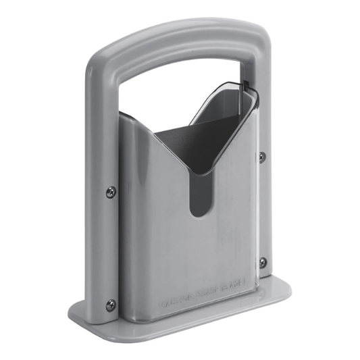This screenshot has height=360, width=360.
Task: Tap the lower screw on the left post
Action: point(111,305)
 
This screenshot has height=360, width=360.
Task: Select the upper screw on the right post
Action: point(261,157)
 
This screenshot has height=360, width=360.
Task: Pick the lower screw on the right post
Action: point(263,262)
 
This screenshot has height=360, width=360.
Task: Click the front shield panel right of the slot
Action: point(233,216)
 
